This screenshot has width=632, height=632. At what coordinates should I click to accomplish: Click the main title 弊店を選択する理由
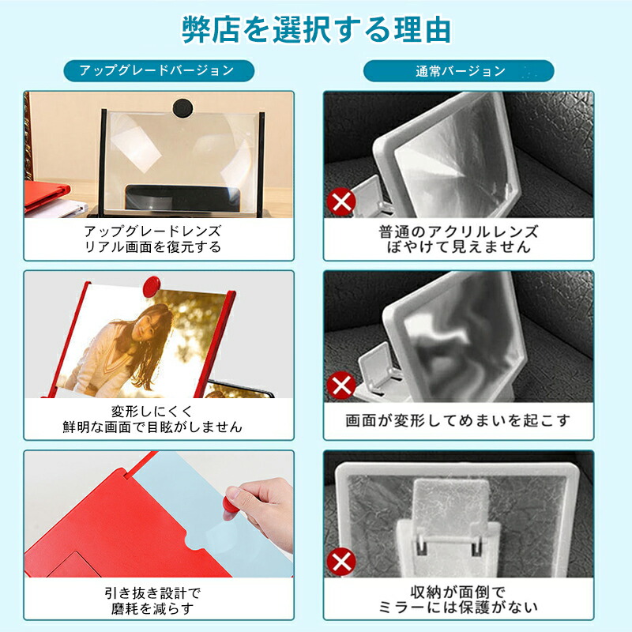coord(316,30)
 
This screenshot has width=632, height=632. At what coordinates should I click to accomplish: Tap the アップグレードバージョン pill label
coord(159,71)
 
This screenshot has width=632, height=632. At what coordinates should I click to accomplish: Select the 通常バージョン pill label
coord(459,71)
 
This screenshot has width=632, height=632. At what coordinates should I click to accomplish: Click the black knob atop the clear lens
coord(182,108)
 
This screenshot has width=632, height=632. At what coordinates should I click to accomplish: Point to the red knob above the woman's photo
coord(152,286)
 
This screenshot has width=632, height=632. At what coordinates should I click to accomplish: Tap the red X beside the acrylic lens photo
coord(341,201)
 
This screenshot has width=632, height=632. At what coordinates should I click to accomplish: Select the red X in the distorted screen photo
coord(341,385)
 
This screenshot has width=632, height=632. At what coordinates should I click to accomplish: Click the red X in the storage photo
coord(341,562)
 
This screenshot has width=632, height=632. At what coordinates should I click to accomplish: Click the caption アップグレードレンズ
coord(152,231)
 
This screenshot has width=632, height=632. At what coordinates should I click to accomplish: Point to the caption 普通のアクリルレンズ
coord(459,231)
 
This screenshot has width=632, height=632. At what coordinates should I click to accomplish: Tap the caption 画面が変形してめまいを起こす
coord(458,420)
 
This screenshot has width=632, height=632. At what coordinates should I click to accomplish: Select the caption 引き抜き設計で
coord(152,593)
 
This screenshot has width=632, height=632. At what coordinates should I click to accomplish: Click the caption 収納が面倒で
coord(458,592)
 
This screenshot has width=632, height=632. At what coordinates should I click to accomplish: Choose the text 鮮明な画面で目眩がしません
coord(152,427)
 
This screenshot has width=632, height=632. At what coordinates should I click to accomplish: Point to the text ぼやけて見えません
coord(459,246)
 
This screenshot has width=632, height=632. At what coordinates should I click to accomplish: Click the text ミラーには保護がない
coord(458,608)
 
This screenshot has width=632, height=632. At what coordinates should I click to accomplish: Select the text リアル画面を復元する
coord(152,246)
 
